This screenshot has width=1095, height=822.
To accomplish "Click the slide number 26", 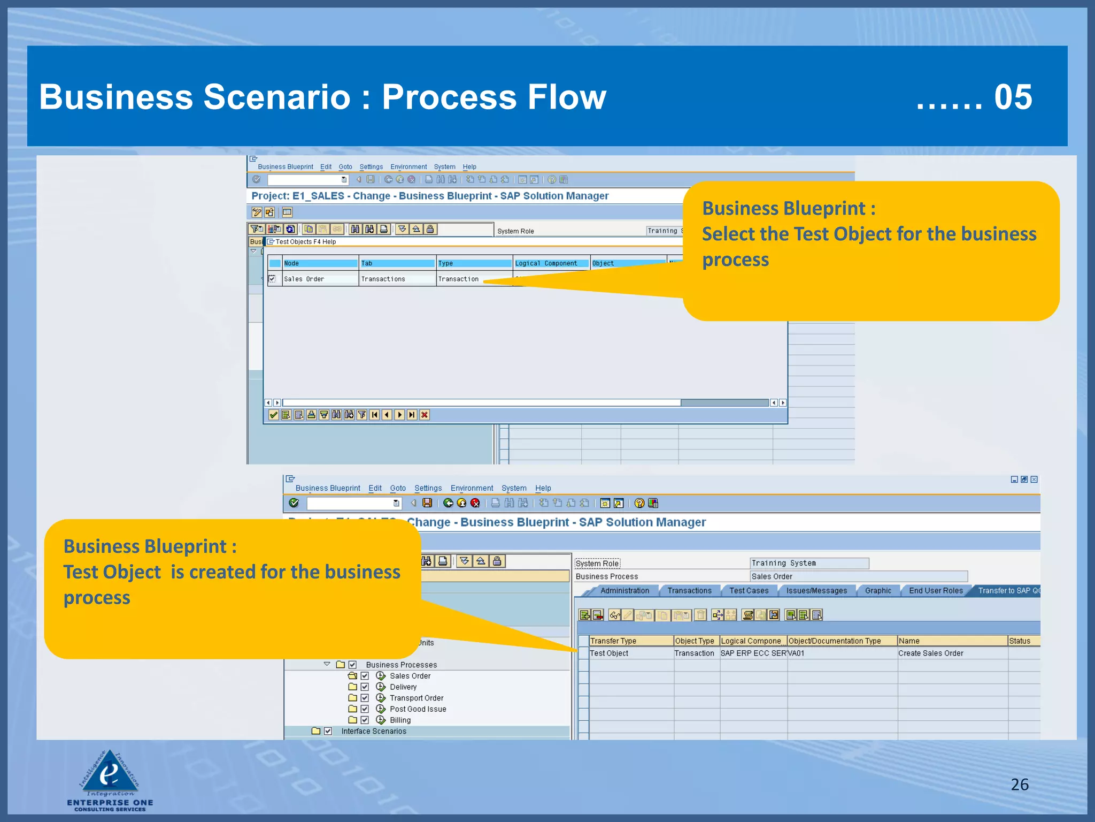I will (1019, 784).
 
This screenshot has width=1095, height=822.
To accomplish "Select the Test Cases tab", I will (749, 590).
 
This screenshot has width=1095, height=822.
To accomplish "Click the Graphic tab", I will (878, 590).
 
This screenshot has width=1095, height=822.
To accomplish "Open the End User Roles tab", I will (936, 590).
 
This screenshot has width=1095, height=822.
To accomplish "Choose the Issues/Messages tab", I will (816, 590).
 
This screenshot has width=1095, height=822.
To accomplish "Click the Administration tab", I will (624, 590).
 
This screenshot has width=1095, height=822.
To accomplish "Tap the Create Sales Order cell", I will (930, 653).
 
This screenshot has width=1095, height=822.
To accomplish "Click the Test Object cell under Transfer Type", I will (609, 653).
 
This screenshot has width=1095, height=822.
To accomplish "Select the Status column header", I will (1019, 641).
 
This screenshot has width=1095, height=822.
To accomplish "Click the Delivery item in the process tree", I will (403, 687).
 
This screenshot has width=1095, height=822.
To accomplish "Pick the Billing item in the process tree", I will (400, 720).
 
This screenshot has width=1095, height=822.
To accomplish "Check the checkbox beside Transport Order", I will (365, 698).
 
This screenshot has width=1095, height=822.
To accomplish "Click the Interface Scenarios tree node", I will (374, 731).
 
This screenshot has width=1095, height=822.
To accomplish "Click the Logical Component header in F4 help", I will (546, 263).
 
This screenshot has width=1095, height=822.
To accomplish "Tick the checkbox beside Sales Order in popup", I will (272, 279).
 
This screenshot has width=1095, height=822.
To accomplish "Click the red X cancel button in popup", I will (425, 415).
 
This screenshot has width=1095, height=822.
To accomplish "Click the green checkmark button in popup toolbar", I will (273, 415).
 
